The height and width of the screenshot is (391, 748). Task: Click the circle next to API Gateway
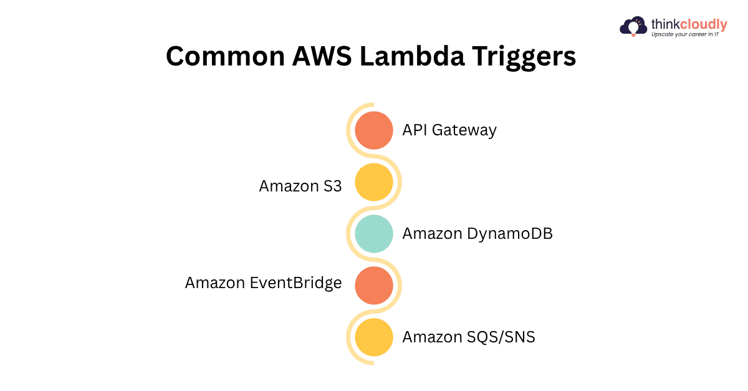click(x=374, y=130)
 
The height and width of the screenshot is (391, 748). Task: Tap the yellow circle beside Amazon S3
click(x=374, y=182)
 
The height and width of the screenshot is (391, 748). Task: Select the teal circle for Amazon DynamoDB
click(x=374, y=234)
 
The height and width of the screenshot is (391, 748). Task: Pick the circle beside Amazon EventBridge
click(x=374, y=286)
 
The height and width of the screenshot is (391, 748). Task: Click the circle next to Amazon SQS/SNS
click(x=374, y=337)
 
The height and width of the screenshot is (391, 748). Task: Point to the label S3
click(x=332, y=186)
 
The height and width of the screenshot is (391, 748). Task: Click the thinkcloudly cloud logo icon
click(x=634, y=27)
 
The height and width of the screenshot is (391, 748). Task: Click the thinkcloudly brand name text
click(x=689, y=24)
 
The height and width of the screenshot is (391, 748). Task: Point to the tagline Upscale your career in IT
click(x=688, y=35)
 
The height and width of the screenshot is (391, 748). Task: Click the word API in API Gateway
click(x=415, y=130)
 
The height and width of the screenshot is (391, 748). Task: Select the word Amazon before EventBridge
click(x=215, y=283)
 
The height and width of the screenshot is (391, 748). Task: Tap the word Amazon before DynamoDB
click(x=433, y=234)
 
